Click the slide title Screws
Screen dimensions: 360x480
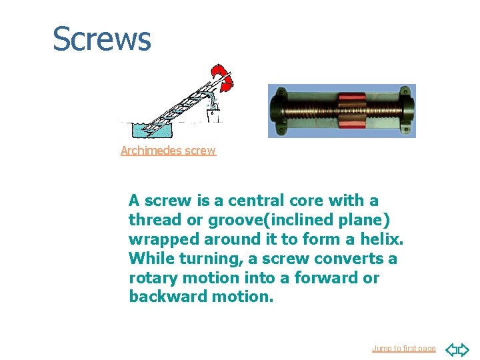coord(102,39)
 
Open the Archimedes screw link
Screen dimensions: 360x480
coord(168,151)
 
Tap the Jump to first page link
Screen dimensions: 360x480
coord(403,349)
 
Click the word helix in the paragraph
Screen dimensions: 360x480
coord(383,239)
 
